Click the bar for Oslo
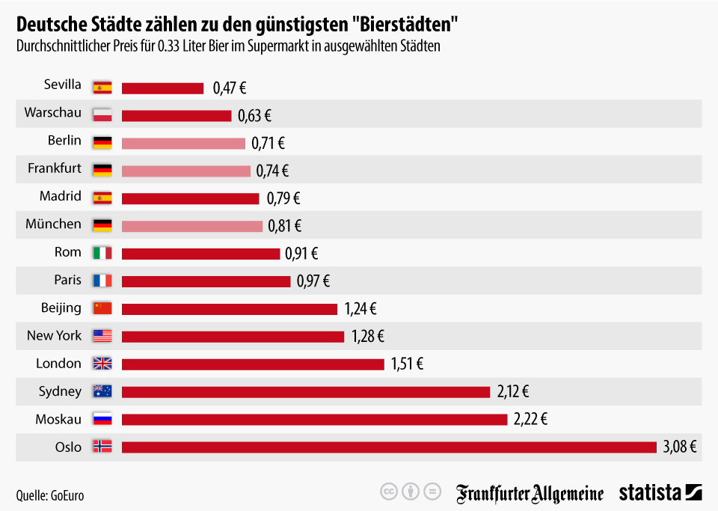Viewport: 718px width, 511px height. tap(389, 447)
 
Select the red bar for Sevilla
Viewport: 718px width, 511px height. tap(162, 88)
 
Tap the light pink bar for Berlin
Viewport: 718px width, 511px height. tap(183, 143)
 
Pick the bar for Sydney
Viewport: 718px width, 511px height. tap(305, 391)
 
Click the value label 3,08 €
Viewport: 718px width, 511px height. tap(680, 447)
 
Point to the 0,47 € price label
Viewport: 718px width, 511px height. tap(230, 88)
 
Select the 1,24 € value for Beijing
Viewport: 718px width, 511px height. tap(360, 307)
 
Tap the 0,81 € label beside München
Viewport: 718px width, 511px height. tap(285, 225)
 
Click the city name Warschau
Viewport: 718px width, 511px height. tap(52, 112)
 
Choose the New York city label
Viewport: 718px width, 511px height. tap(54, 334)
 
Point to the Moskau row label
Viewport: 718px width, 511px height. tap(58, 419)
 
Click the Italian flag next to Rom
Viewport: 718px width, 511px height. tap(102, 253)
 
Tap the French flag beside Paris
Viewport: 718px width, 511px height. tap(102, 281)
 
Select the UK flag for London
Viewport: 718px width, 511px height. tap(102, 364)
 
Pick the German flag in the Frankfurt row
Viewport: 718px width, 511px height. tap(102, 170)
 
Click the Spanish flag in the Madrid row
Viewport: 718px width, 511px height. tap(102, 198)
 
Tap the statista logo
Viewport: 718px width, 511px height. tap(659, 492)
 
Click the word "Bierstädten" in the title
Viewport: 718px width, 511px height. tap(404, 25)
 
